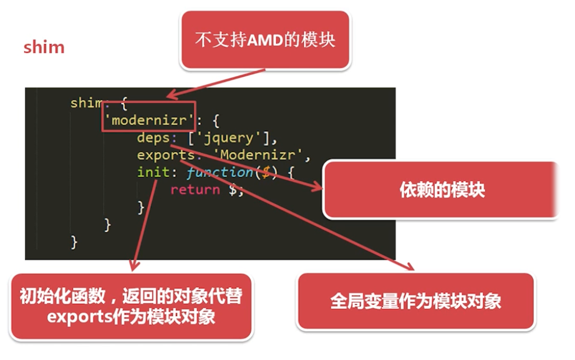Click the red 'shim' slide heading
pyautogui.click(x=44, y=47)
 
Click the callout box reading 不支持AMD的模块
pyautogui.click(x=264, y=40)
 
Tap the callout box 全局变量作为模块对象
pyautogui.click(x=415, y=301)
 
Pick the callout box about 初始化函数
pyautogui.click(x=131, y=306)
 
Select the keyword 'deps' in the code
pyautogui.click(x=153, y=138)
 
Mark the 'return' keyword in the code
pyautogui.click(x=195, y=189)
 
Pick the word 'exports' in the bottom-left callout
pyautogui.click(x=79, y=316)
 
